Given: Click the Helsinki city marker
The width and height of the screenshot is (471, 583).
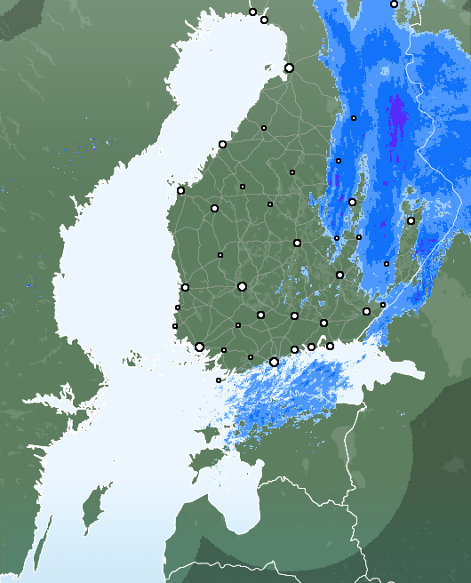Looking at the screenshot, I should pyautogui.click(x=274, y=362).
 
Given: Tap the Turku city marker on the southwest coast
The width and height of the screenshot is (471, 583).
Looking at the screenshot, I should pyautogui.click(x=199, y=347).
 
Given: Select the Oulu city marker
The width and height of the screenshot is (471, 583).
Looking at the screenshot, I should pyautogui.click(x=289, y=68).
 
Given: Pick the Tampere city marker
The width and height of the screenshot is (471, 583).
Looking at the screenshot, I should pyautogui.click(x=242, y=286).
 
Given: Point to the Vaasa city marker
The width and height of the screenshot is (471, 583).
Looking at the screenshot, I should pyautogui.click(x=180, y=190).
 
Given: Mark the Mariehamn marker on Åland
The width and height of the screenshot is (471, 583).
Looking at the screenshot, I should pyautogui.click(x=219, y=380).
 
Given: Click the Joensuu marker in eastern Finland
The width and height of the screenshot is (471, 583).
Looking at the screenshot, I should pyautogui.click(x=411, y=220).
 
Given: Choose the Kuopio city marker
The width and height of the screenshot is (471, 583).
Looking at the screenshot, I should pyautogui.click(x=352, y=202).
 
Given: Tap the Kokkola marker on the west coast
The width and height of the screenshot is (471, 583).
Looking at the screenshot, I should pyautogui.click(x=222, y=144).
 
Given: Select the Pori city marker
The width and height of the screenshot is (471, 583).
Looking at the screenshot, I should pyautogui.click(x=185, y=287).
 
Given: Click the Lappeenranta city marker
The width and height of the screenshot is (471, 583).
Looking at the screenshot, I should pyautogui.click(x=366, y=311).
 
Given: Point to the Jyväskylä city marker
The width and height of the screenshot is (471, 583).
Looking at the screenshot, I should pyautogui.click(x=297, y=243).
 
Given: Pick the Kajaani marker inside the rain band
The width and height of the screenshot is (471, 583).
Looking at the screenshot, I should pyautogui.click(x=354, y=117).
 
